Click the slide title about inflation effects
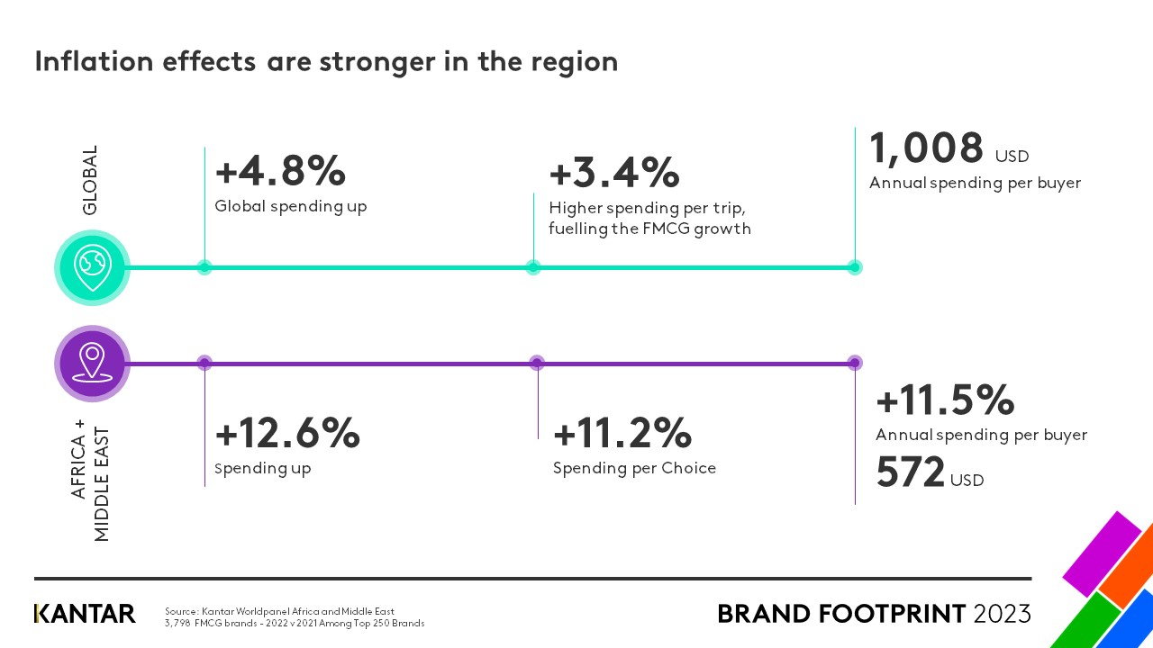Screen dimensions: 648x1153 (326, 61)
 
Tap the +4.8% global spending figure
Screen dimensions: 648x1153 (280, 170)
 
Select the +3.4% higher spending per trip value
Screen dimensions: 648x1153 (613, 172)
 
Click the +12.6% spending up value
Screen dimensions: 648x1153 (287, 434)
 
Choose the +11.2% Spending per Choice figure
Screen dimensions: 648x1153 (622, 434)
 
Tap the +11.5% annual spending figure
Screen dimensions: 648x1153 (945, 400)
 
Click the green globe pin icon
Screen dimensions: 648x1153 (93, 266)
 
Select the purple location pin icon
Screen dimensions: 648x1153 (93, 363)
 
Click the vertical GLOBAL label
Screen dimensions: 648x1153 (90, 180)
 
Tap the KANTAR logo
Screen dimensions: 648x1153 (85, 614)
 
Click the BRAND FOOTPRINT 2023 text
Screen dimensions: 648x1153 (874, 614)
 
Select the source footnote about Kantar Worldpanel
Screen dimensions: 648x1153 (295, 616)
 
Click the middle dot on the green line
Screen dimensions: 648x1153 (533, 266)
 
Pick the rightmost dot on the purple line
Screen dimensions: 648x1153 (855, 363)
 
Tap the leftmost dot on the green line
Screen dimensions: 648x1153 (204, 266)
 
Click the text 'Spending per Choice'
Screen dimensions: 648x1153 (634, 468)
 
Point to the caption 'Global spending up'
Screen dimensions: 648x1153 (291, 206)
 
